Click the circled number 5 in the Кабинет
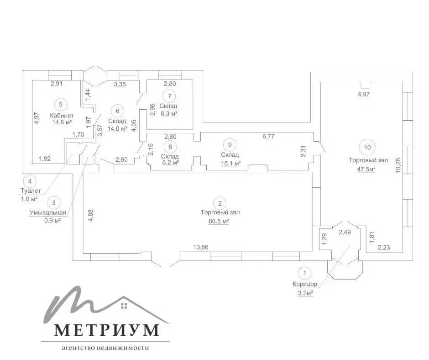tap(61, 104)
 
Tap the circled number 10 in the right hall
tap(367, 148)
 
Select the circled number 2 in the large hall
tap(220, 203)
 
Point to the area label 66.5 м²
tap(219, 221)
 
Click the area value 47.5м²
tap(366, 169)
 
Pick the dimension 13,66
tap(201, 247)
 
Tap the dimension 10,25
tap(398, 165)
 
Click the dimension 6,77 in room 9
tap(268, 136)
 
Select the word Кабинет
tap(62, 116)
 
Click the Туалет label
tap(31, 191)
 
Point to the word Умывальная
tap(48, 212)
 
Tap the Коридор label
tap(305, 284)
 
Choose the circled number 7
tap(170, 96)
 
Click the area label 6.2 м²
tap(170, 163)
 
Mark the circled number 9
tap(230, 145)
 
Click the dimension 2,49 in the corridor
tap(345, 232)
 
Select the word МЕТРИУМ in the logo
tap(106, 330)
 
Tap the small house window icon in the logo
tap(124, 306)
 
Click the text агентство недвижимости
tap(105, 348)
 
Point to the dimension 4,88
tap(91, 215)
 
